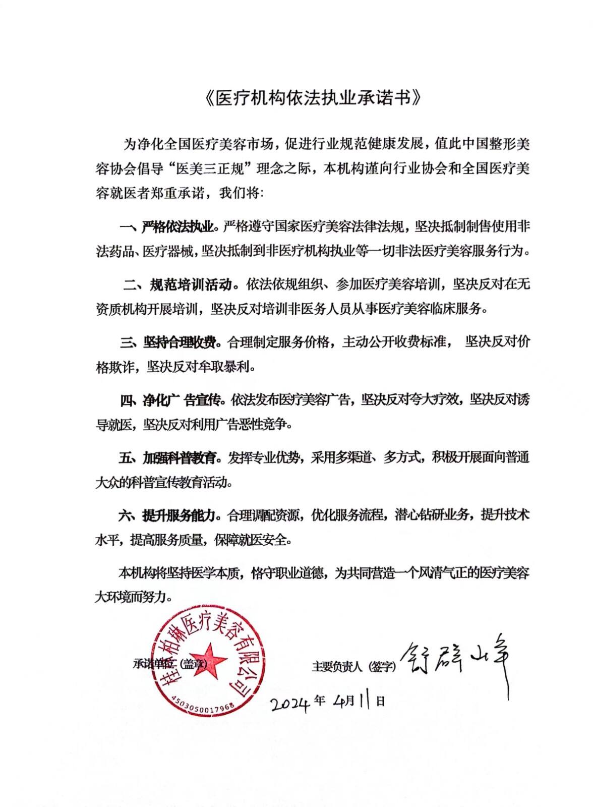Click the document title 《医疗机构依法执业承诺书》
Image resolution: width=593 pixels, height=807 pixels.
coord(313,98)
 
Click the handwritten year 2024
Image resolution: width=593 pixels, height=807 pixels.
coord(289,703)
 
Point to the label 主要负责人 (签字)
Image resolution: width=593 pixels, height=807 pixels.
coord(353,666)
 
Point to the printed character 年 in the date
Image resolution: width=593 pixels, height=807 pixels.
coord(319,701)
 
